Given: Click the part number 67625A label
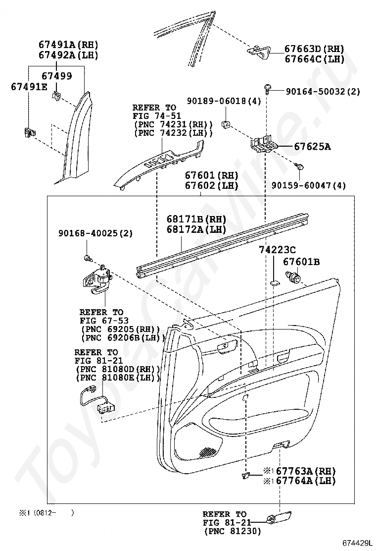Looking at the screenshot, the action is click(x=312, y=146).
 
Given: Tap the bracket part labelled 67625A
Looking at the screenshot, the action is click(x=264, y=144).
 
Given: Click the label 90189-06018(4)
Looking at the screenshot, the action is click(x=224, y=101).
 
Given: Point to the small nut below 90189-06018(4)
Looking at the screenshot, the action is click(x=226, y=124).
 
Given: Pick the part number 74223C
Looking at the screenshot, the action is click(x=277, y=250).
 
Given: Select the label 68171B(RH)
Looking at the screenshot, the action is click(x=196, y=220).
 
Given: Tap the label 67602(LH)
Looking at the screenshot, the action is click(x=212, y=185).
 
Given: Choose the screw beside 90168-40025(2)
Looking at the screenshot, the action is click(x=89, y=259).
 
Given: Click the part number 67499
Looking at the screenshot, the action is click(x=57, y=76).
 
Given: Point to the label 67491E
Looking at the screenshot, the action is click(x=29, y=86).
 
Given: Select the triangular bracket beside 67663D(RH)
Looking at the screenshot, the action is click(x=258, y=52).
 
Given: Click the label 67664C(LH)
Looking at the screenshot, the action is click(x=315, y=58).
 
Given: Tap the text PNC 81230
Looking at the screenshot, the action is click(x=233, y=531).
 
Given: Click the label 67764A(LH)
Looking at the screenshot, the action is click(x=306, y=480).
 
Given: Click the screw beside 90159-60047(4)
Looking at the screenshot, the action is click(x=299, y=166).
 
